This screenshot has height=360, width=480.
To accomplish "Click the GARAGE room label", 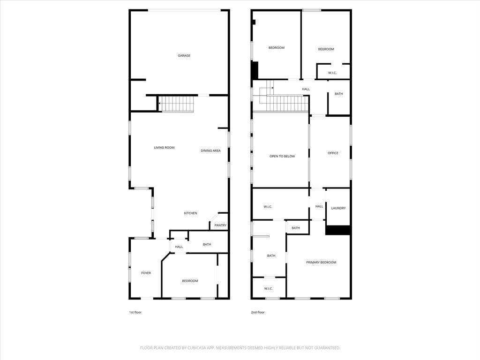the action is tap(184, 55).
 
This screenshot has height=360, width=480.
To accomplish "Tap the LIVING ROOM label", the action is tap(164, 148).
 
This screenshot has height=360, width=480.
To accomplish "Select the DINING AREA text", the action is tap(210, 150).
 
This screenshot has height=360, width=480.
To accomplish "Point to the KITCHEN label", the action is tap(190, 213).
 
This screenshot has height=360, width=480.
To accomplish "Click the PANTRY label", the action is tap(220, 225).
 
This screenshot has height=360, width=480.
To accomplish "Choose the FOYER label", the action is tap(146, 273).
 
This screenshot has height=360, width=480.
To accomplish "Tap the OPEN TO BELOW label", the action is tap(282, 157).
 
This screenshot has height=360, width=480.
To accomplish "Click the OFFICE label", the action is tap(333, 153).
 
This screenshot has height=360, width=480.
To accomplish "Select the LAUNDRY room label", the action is tap(338, 208).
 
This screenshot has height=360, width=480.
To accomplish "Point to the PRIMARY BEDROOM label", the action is tap(321, 262).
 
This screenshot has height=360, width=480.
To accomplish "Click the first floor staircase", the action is tap(176, 104).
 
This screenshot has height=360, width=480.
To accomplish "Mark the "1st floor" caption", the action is tap(135, 312).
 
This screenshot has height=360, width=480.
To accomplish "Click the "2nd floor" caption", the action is tap(258, 312).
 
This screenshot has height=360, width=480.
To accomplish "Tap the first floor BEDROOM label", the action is tap(190, 281).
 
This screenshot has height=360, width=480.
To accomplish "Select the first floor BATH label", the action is tap(207, 244).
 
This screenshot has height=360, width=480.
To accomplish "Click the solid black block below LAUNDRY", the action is tap(338, 230).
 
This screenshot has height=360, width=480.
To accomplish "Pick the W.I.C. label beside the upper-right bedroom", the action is tap(332, 73).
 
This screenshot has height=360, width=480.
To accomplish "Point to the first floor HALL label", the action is tap(179, 247).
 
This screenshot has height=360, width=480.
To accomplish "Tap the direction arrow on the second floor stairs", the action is tap(267, 88).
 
